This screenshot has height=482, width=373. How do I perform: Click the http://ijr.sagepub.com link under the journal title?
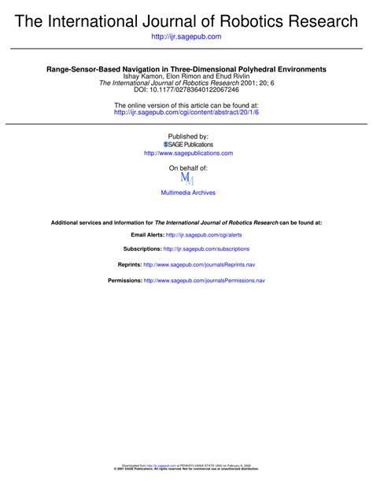click(186, 37)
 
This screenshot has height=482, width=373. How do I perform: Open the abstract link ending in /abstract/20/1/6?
click(186, 112)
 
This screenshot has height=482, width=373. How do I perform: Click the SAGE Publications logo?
click(187, 145)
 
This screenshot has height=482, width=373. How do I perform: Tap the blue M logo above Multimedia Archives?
click(186, 179)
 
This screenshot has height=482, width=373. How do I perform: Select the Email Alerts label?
click(147, 235)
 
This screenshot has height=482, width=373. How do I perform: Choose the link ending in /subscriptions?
click(206, 248)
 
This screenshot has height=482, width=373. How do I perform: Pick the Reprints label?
click(129, 266)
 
